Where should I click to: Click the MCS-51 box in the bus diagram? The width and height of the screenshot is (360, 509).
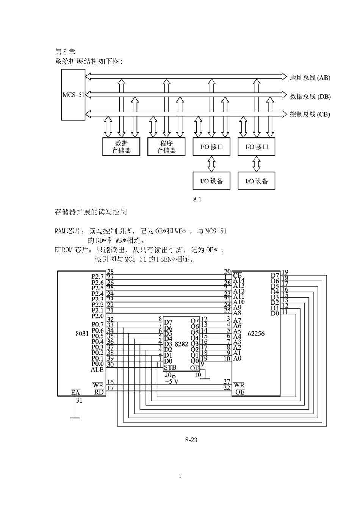tap(73, 95)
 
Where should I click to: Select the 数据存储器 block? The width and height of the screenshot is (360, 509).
tap(121, 147)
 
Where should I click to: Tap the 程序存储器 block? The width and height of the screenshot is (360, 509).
tap(166, 147)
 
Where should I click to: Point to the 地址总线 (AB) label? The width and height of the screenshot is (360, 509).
tap(310, 78)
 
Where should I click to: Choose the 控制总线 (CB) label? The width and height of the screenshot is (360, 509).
tap(310, 114)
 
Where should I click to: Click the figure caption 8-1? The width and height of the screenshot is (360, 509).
tap(197, 199)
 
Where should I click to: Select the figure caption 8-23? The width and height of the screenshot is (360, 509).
tap(191, 440)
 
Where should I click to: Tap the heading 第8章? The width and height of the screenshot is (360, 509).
tap(65, 52)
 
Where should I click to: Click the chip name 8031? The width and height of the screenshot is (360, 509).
tap(82, 334)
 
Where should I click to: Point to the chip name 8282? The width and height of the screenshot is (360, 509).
tap(181, 344)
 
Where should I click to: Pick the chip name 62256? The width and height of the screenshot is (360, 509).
tap(256, 334)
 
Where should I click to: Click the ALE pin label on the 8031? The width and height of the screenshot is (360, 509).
tap(97, 369)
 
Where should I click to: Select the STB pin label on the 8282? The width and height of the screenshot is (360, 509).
tap(170, 367)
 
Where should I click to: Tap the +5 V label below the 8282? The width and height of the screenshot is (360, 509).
tap(172, 381)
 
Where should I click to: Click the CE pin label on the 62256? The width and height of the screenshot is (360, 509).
tap(238, 275)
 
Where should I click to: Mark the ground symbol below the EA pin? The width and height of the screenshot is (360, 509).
tap(75, 418)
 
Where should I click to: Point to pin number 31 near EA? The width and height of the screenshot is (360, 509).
tap(79, 400)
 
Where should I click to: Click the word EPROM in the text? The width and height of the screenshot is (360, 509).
tap(63, 250)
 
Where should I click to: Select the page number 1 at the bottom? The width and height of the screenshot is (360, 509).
tap(180, 476)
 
